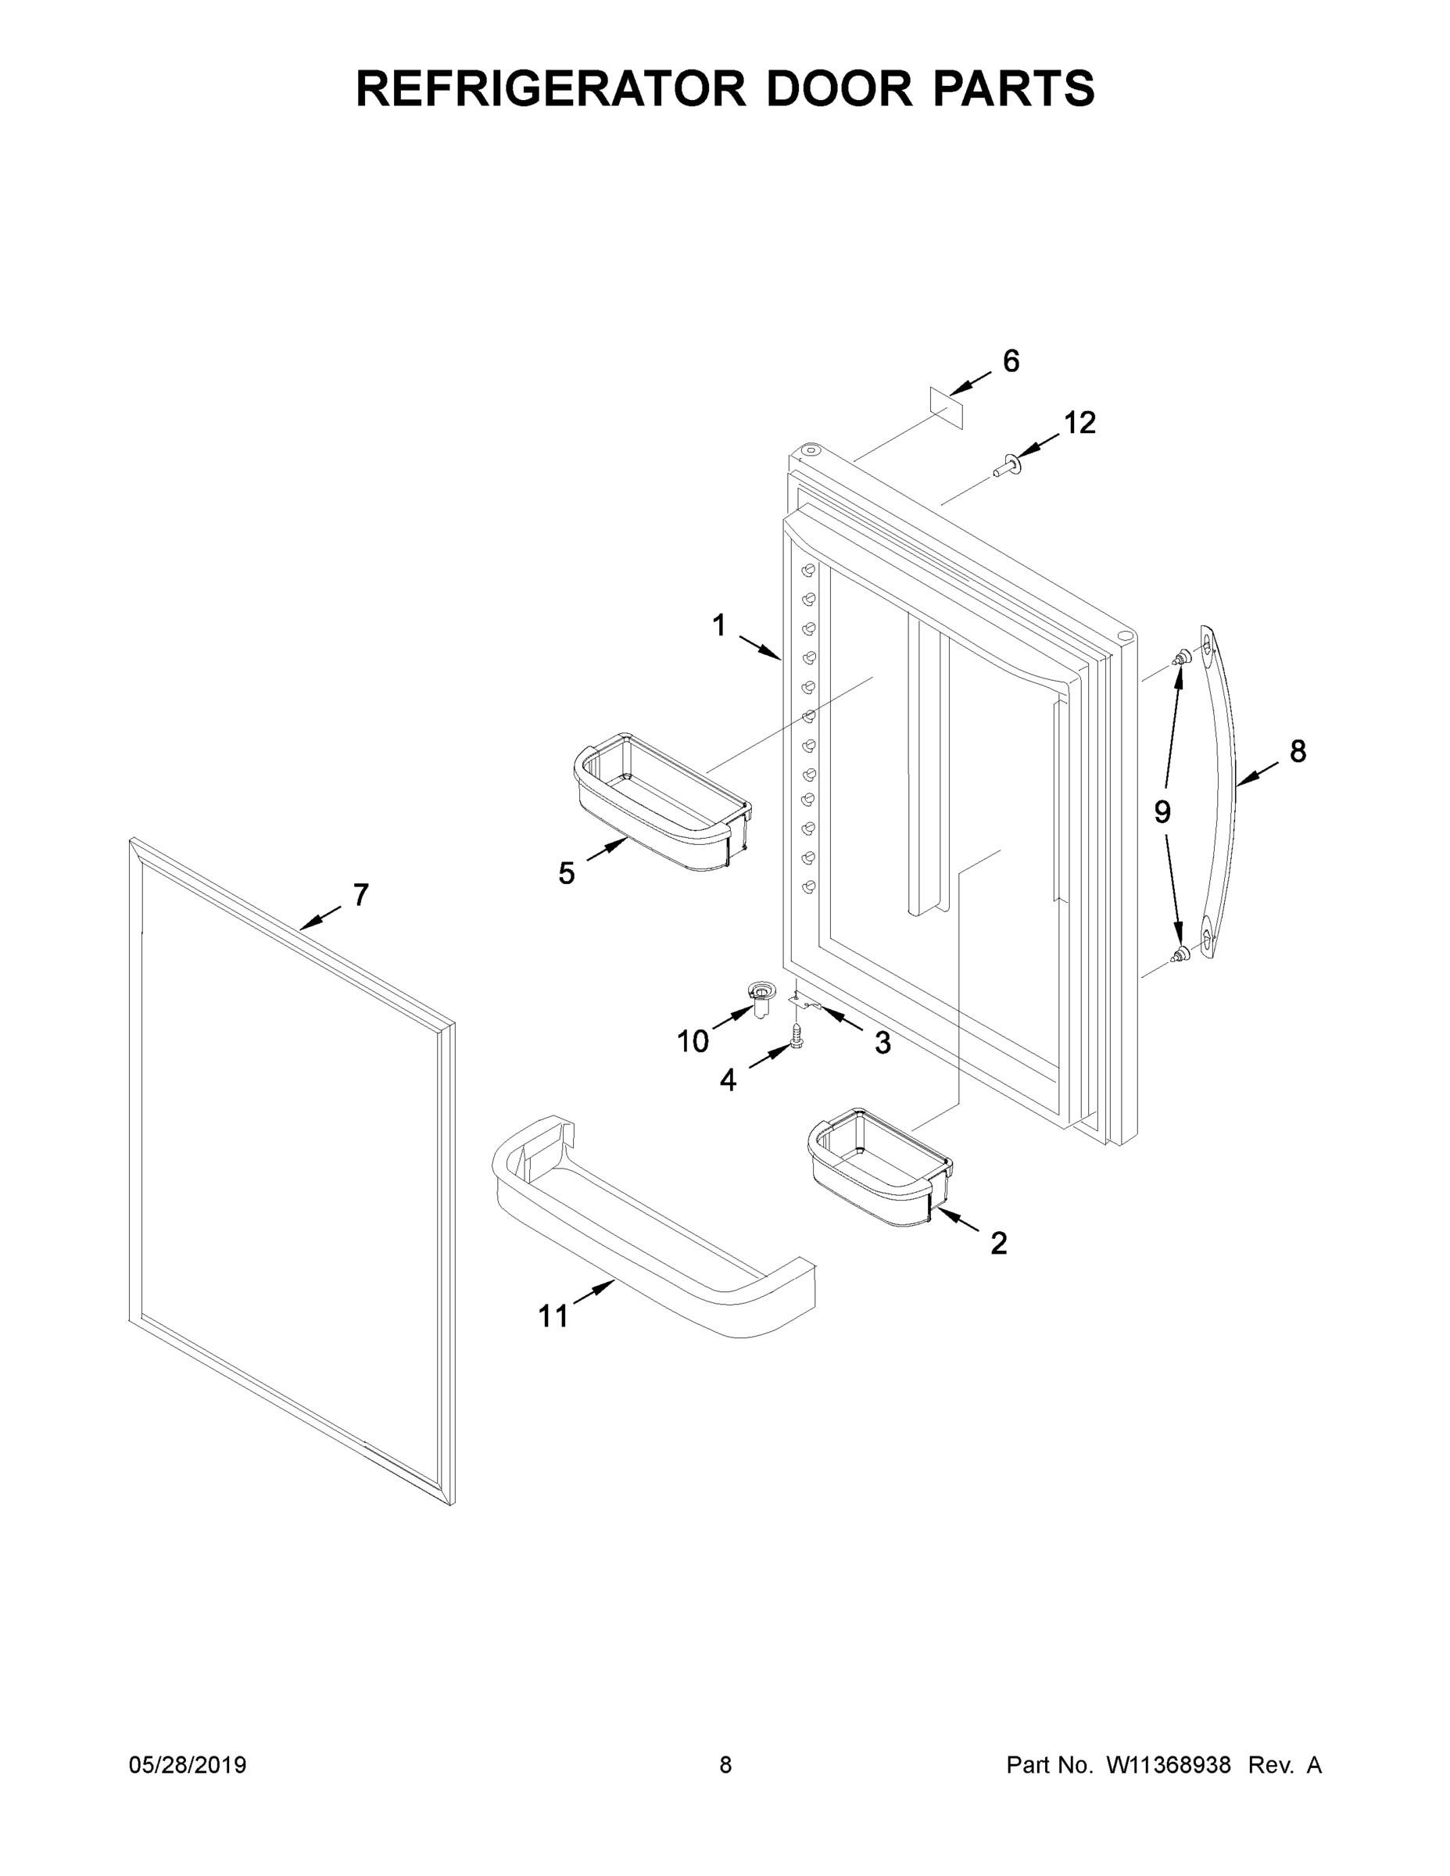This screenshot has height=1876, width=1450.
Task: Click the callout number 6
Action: (1011, 362)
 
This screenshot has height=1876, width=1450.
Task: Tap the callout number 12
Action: (1079, 423)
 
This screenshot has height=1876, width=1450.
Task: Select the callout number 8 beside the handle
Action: (1298, 752)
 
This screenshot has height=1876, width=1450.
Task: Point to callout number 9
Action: (1162, 811)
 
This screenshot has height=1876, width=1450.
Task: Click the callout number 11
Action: (553, 1316)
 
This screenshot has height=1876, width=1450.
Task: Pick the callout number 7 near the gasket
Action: (361, 895)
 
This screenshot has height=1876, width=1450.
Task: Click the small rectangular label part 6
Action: (947, 406)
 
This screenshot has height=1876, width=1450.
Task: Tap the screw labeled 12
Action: (1004, 467)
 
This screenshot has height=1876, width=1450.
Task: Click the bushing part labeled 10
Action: (759, 999)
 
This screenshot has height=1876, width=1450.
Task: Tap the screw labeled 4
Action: (796, 1034)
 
